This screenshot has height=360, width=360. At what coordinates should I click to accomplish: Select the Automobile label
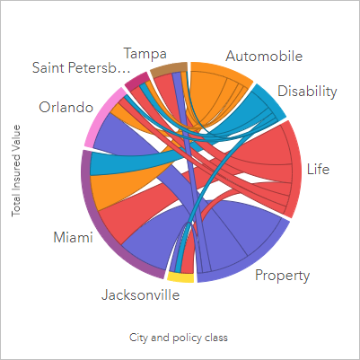click(x=263, y=56)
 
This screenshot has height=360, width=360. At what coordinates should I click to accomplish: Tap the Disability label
click(x=307, y=91)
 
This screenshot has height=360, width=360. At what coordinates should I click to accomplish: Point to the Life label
click(x=318, y=168)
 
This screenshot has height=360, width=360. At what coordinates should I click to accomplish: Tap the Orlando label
click(x=66, y=108)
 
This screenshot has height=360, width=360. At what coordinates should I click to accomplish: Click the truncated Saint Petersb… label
click(x=75, y=69)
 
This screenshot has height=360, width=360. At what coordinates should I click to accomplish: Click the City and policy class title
click(x=180, y=338)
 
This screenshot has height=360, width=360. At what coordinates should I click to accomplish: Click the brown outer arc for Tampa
click(x=168, y=68)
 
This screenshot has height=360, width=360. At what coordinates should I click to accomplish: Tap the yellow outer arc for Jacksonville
click(x=180, y=278)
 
